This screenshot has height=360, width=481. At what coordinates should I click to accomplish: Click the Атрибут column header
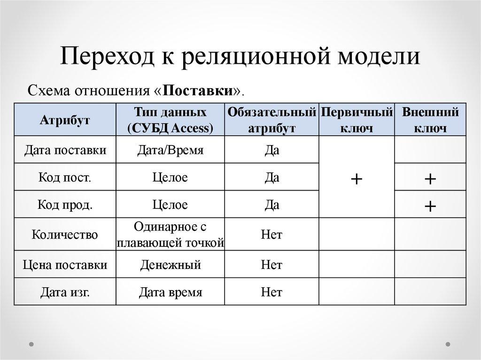[x=65, y=120]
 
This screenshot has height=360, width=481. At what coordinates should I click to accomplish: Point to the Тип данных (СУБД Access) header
[x=170, y=120]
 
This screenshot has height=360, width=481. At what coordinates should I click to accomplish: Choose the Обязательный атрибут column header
[x=272, y=120]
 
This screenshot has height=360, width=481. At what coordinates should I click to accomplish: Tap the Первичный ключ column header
[x=357, y=120]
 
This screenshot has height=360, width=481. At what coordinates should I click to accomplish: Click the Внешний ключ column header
[x=430, y=120]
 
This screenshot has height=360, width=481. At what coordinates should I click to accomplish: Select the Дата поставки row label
[x=65, y=150]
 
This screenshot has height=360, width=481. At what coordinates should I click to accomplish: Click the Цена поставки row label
[x=65, y=265]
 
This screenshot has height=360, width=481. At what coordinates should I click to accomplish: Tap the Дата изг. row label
[x=65, y=292]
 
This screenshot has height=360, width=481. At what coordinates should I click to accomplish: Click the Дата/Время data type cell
[x=170, y=150]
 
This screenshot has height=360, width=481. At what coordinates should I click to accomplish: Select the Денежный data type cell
[x=170, y=265]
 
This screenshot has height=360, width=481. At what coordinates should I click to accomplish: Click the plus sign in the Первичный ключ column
[x=357, y=178]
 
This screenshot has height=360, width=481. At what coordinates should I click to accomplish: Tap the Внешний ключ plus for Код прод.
[x=430, y=206]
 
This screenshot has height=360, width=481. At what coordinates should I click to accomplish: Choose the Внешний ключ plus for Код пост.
[x=430, y=179]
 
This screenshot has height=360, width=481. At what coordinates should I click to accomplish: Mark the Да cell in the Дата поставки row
[x=272, y=150]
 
